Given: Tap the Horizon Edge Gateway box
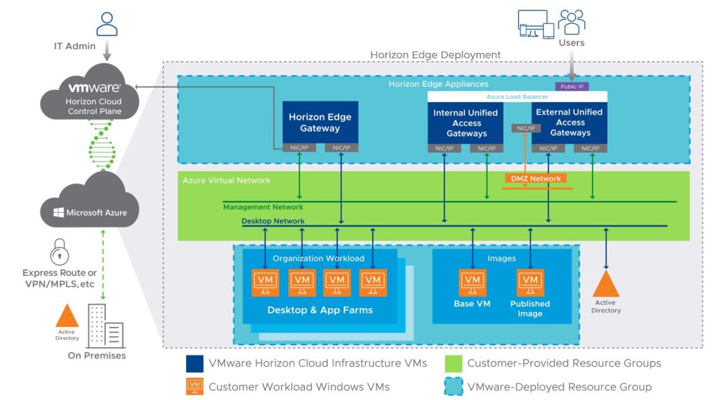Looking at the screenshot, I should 320,122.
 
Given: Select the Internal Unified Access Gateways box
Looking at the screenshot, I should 466,122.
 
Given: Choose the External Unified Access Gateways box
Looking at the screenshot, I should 570,122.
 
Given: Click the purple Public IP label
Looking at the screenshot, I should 571,86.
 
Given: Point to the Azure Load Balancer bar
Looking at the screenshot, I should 517,96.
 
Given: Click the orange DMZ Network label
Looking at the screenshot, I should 536,179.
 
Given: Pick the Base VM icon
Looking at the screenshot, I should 472,284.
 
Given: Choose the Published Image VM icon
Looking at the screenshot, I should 530,284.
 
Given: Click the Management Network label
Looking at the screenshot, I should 263,207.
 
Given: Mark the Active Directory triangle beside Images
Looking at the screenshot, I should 606,284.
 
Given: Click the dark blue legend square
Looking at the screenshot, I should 194,363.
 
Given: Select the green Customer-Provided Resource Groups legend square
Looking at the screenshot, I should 453,363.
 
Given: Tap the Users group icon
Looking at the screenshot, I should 571,22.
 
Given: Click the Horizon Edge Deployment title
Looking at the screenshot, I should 435,54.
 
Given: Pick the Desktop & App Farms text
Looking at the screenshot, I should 320,310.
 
